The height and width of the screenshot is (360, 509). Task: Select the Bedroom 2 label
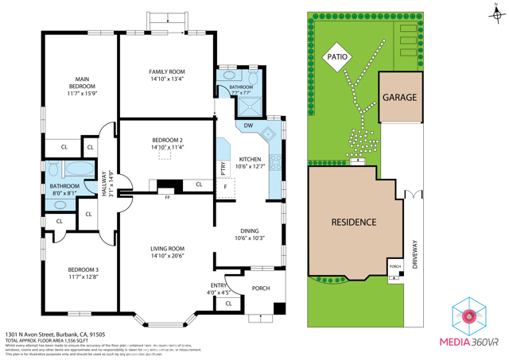tap(167, 143)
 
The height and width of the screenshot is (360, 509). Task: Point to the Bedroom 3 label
tap(84, 273)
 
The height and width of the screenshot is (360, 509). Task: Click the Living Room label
tap(167, 252)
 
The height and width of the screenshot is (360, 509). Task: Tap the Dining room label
tap(249, 234)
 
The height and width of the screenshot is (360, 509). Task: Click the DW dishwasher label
tap(248, 126)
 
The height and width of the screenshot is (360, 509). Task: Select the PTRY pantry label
tap(223, 168)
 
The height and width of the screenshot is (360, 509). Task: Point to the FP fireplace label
tap(167, 196)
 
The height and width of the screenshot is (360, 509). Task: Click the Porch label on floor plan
tap(260, 288)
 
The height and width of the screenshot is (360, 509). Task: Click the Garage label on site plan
tap(399, 98)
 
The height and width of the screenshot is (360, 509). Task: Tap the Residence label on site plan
tap(353, 222)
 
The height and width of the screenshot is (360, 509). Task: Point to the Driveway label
tap(414, 255)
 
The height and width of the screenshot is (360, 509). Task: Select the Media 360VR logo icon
tap(470, 315)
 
